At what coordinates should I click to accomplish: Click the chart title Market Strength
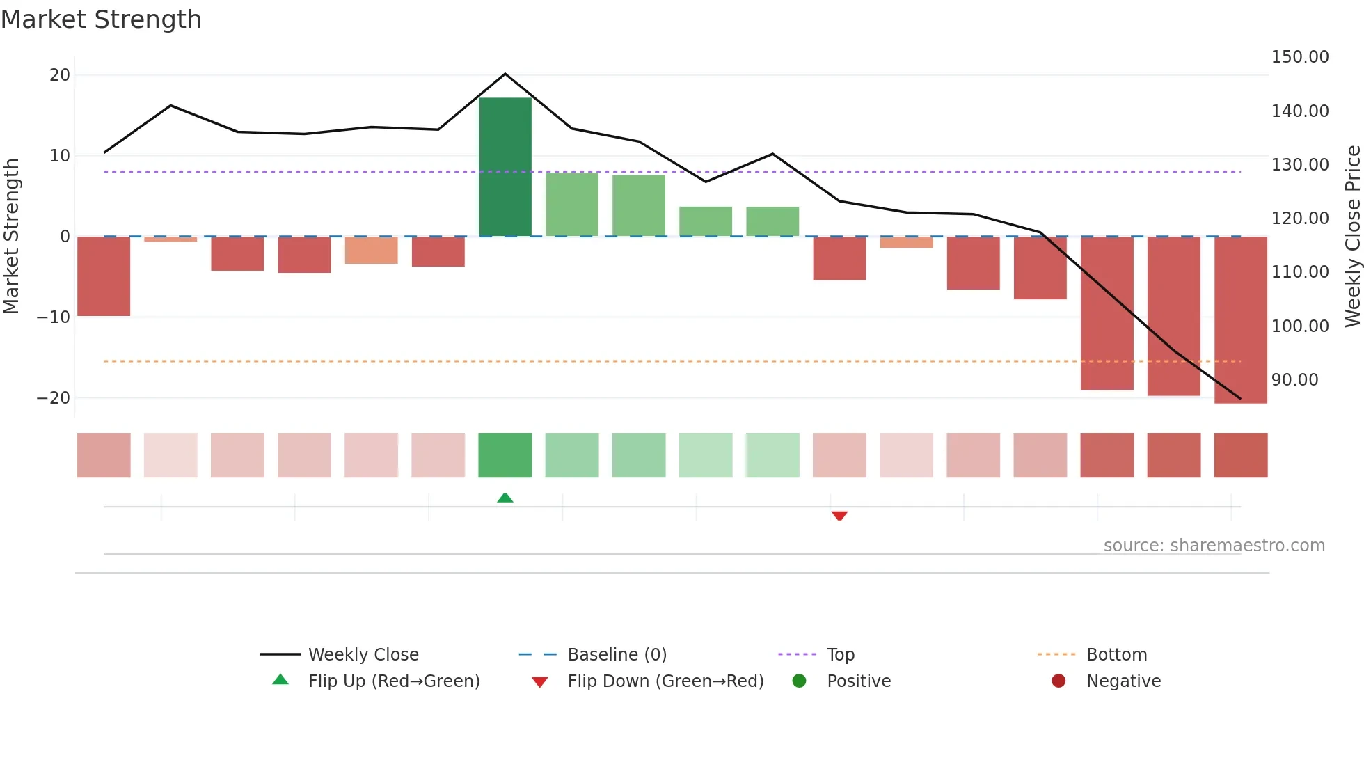coord(101,19)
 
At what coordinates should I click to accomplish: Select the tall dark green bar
coord(505,167)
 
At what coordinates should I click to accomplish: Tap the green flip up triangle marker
coord(505,498)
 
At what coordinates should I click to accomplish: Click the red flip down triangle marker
coord(839,516)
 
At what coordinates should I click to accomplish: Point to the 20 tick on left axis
coord(60,75)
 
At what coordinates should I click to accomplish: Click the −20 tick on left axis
coord(54,398)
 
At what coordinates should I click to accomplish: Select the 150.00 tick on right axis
coord(1299,57)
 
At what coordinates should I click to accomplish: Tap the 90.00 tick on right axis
coord(1294,380)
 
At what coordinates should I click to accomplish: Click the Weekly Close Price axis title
coord(1352,237)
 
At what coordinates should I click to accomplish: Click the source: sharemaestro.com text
coord(1214,546)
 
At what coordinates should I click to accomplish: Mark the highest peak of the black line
coord(505,74)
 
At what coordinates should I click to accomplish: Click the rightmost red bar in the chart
coord(1240,320)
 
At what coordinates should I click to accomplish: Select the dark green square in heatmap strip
coord(505,455)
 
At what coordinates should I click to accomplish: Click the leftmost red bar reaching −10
coord(104,276)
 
